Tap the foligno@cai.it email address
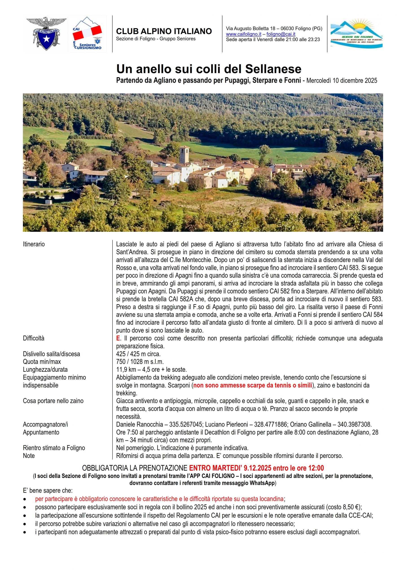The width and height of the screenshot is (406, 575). click(x=281, y=34)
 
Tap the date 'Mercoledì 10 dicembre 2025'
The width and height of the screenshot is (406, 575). click(x=342, y=81)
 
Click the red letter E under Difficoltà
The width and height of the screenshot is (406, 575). click(x=118, y=338)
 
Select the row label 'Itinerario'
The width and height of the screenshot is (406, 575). click(x=34, y=244)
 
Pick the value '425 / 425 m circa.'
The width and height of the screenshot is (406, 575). click(x=138, y=354)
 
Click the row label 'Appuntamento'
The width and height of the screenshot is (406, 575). click(x=41, y=432)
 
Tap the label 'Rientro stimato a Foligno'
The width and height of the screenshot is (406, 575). click(x=54, y=448)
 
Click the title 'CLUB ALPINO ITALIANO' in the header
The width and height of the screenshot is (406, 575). click(x=164, y=31)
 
